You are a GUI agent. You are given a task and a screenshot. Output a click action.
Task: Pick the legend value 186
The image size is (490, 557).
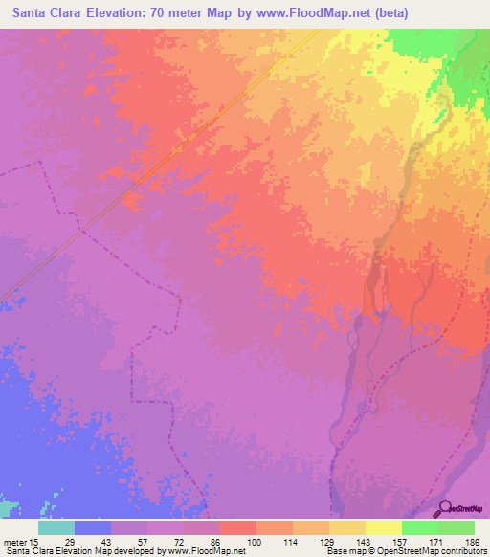tap(474, 542)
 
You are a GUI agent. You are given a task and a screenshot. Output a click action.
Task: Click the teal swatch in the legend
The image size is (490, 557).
tap(56, 527)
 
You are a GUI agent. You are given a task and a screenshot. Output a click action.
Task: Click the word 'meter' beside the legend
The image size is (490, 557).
tap(16, 542)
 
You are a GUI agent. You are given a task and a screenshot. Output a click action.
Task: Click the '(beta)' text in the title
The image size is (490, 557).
tap(408, 13)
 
